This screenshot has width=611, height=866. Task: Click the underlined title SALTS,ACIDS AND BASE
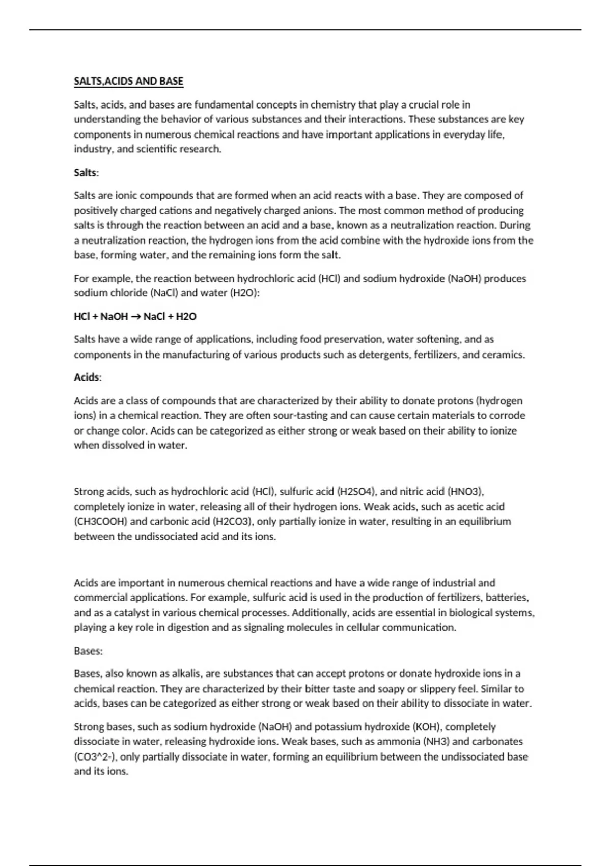tap(128, 81)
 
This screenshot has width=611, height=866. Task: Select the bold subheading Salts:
tap(86, 173)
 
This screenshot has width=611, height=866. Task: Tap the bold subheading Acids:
tap(88, 377)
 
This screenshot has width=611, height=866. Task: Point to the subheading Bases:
tap(88, 651)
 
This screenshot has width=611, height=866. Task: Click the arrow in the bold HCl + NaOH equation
tap(135, 317)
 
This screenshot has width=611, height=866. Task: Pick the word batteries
tap(507, 597)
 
